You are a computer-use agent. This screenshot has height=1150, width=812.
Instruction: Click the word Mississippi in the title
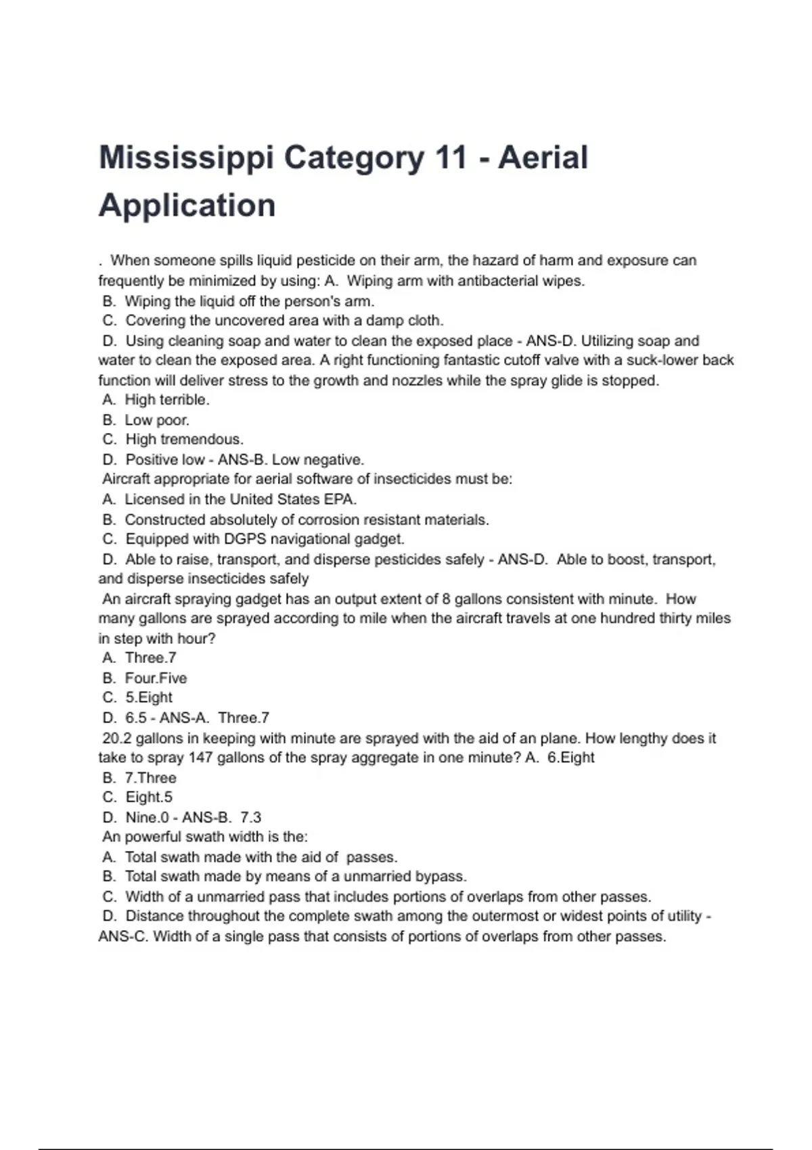click(186, 158)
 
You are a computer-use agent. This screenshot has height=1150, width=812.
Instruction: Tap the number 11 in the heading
click(451, 158)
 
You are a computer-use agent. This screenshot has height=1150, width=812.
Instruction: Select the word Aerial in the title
click(543, 158)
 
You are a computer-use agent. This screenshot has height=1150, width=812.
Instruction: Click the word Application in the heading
click(187, 205)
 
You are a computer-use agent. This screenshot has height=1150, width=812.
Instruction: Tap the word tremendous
click(202, 440)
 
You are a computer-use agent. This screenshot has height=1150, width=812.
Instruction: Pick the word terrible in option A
click(184, 400)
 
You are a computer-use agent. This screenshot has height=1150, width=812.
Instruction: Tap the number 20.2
click(117, 738)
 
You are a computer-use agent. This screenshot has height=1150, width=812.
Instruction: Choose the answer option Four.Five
click(156, 678)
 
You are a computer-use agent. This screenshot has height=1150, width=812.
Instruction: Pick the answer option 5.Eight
click(149, 698)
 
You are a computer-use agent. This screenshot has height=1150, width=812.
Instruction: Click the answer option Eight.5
click(149, 798)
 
